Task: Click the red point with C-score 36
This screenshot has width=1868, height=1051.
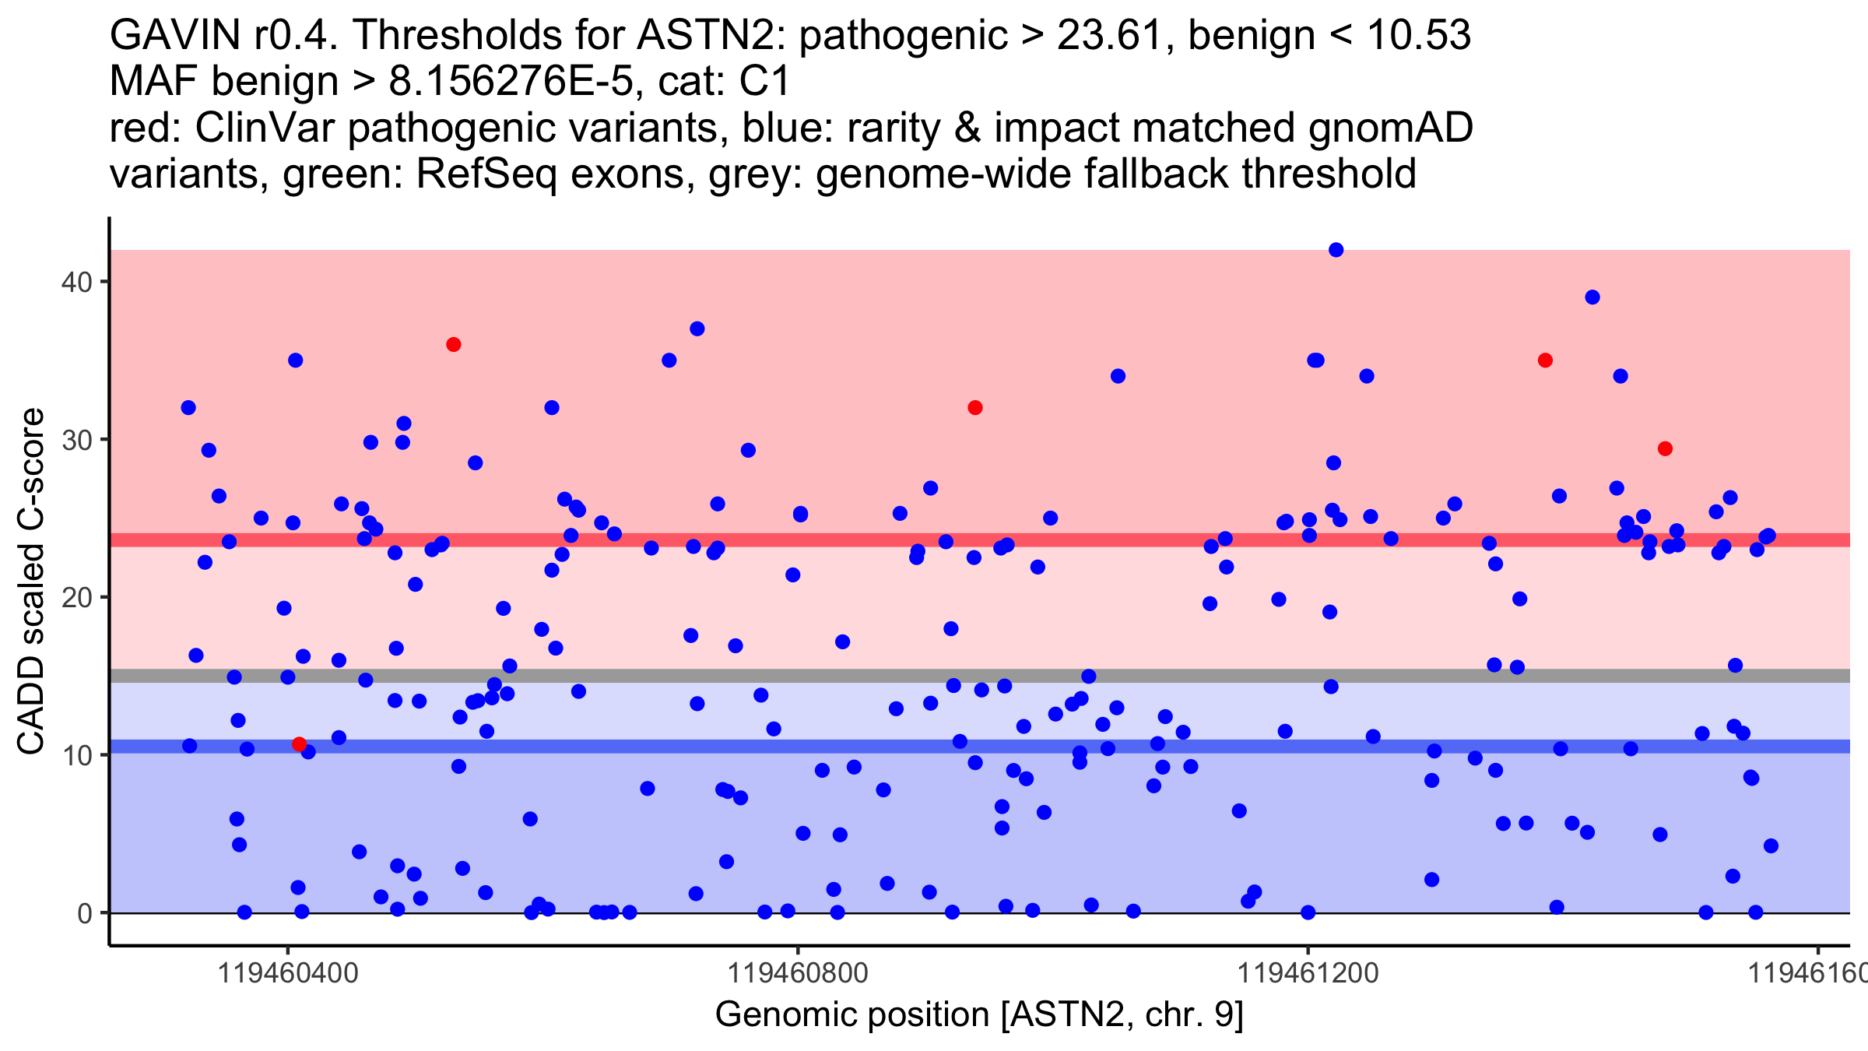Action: click(x=454, y=345)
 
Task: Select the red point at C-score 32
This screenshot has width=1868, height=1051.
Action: click(x=975, y=408)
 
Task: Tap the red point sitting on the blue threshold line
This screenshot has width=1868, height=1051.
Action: click(x=299, y=744)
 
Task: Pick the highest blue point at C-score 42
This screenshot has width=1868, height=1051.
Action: click(x=1336, y=250)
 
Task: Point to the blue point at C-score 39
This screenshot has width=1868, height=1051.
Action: click(x=1592, y=297)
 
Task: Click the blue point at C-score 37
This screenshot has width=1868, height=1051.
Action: click(x=697, y=329)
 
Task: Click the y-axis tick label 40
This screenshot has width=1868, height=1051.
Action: click(x=76, y=282)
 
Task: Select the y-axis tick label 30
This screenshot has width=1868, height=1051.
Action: click(x=76, y=440)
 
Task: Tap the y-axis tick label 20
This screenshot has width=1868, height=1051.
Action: click(x=76, y=597)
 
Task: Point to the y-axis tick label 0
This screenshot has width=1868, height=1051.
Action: click(x=85, y=913)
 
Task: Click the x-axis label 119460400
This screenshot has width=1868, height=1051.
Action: click(x=288, y=973)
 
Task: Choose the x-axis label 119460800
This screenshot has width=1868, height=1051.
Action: click(x=798, y=973)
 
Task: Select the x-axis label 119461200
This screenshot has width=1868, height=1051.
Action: click(x=1308, y=973)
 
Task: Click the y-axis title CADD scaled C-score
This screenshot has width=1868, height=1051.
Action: click(x=31, y=582)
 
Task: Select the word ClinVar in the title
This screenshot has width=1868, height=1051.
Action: click(x=268, y=128)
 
